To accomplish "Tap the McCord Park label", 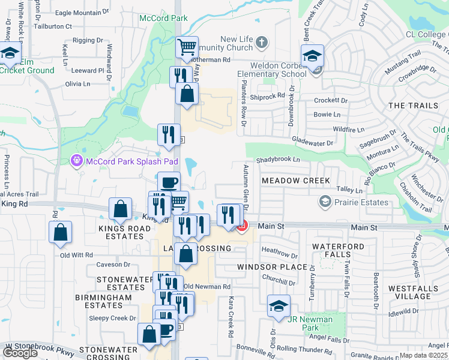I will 163,18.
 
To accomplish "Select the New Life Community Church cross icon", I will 261,42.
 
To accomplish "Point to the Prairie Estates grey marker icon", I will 325,202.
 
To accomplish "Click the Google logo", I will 20,353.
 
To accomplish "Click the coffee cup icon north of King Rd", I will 169,182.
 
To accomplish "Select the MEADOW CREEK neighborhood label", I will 295,181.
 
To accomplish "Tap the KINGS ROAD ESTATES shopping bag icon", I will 121,209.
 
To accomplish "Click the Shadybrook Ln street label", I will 277,160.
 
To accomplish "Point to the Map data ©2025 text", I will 424,355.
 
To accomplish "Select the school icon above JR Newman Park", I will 279,305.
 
